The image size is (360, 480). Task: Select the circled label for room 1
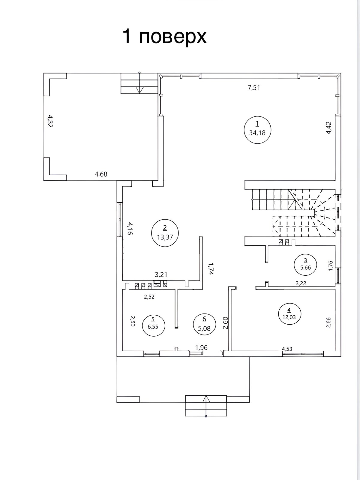coord(257,130)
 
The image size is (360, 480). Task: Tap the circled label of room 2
coord(165,233)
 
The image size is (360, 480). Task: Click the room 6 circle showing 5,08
coord(204,324)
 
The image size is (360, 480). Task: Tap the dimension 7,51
coord(254,88)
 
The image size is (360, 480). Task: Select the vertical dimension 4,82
coord(50,121)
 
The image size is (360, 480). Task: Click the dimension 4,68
coord(101,174)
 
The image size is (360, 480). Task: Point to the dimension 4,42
coord(329,128)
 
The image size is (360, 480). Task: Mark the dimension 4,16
coord(130,229)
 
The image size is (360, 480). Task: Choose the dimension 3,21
coord(161,274)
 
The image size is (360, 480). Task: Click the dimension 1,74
coord(210,269)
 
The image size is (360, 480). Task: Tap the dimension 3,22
coord(301,283)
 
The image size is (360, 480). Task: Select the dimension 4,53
coord(287,349)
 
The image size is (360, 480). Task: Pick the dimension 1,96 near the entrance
coord(201,347)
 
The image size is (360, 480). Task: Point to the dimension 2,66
coord(329,322)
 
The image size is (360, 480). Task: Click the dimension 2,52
coord(149,297)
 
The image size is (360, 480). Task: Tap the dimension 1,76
coord(331,266)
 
